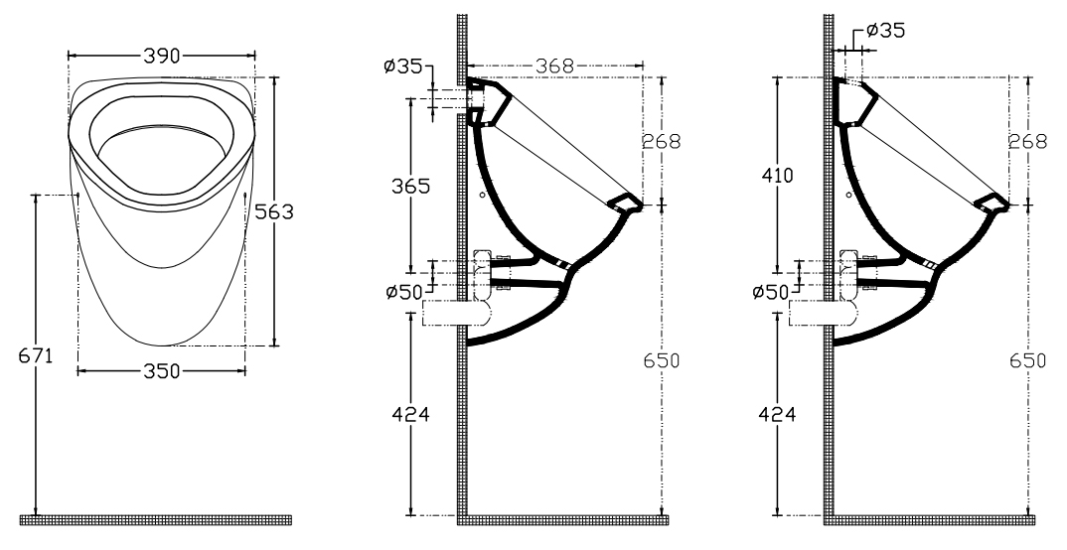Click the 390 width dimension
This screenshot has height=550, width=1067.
(162, 56)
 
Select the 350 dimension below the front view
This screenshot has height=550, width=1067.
(162, 370)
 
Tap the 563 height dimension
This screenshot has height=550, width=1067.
(274, 211)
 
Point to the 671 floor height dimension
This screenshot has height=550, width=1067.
(36, 355)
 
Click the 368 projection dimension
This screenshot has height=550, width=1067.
(555, 66)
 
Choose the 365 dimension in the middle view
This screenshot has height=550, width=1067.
(410, 186)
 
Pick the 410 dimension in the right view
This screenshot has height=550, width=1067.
(778, 175)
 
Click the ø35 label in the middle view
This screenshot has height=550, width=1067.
(403, 66)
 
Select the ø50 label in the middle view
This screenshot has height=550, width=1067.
(404, 292)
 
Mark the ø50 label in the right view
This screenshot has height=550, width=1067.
(771, 292)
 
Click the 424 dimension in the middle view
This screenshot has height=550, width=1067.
(410, 414)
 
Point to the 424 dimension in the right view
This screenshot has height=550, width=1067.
(777, 414)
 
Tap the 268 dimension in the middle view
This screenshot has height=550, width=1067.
(662, 141)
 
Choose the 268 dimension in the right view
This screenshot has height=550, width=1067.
(1027, 141)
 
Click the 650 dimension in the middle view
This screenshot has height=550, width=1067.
(662, 360)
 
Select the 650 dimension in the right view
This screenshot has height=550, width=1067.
(1027, 360)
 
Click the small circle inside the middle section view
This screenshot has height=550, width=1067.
(483, 196)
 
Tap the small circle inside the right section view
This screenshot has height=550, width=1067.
(848, 196)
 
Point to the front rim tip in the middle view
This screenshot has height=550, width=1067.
(641, 205)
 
